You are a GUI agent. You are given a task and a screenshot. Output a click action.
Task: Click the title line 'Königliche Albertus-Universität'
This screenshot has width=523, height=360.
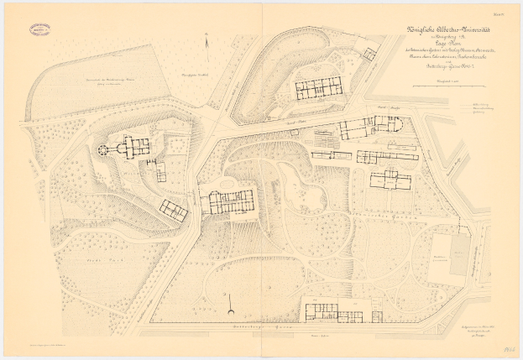(x=447, y=39)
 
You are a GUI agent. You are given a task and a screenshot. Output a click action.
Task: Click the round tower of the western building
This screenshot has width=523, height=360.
(x=104, y=149)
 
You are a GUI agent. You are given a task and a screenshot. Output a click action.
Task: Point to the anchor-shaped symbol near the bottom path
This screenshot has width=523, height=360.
(x=228, y=311)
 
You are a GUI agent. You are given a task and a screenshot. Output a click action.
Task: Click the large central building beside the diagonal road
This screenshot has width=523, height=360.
(x=227, y=201)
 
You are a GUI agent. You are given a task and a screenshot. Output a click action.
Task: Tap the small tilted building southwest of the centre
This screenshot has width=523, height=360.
(x=175, y=209)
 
